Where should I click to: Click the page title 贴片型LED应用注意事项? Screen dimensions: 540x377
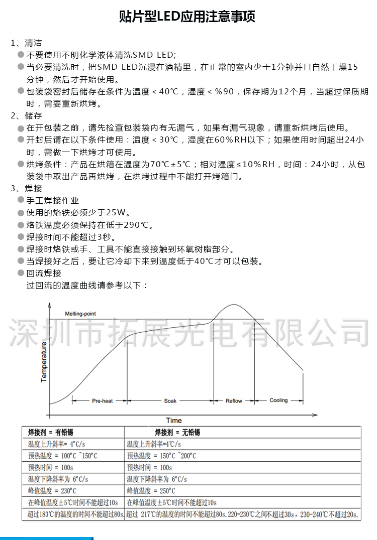[x=187, y=17]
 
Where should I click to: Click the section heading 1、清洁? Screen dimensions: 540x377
[x=26, y=43]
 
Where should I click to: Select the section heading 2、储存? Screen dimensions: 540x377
[x=26, y=116]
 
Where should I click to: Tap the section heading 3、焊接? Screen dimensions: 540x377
[x=26, y=189]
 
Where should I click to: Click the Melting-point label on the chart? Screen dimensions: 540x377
[x=80, y=314]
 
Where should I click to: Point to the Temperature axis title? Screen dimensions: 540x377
[x=44, y=362]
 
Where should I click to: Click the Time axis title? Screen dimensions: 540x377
[x=174, y=421]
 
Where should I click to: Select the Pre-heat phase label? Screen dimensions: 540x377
[x=103, y=401]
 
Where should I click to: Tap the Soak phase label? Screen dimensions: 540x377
[x=170, y=401]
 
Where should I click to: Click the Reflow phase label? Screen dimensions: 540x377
[x=234, y=401]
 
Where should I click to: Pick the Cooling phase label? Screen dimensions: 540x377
[x=278, y=400]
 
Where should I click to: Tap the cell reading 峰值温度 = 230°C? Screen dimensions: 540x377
[x=52, y=491]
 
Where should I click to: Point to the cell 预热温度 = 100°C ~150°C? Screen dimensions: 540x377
[x=63, y=456]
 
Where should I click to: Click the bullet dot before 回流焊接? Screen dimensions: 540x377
[x=21, y=273]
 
